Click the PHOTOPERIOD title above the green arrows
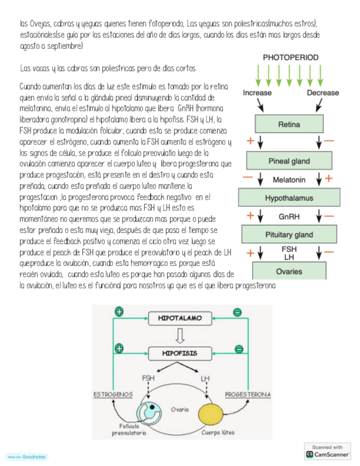pos(290,57)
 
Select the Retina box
pos(289,124)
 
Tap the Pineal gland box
pos(289,161)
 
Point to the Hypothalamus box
pos(289,198)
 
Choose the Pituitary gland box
pos(289,235)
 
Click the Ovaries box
pos(289,271)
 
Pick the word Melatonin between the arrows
pos(289,180)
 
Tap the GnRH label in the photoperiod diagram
pos(289,217)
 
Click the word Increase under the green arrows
pos(257,93)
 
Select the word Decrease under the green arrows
pos(323,93)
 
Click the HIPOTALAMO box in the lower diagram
pos(180,318)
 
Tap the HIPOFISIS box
pos(180,353)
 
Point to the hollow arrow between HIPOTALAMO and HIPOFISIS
pos(180,335)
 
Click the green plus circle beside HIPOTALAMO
pos(119,312)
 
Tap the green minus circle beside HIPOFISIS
pos(239,348)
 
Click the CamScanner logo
pos(328,454)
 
